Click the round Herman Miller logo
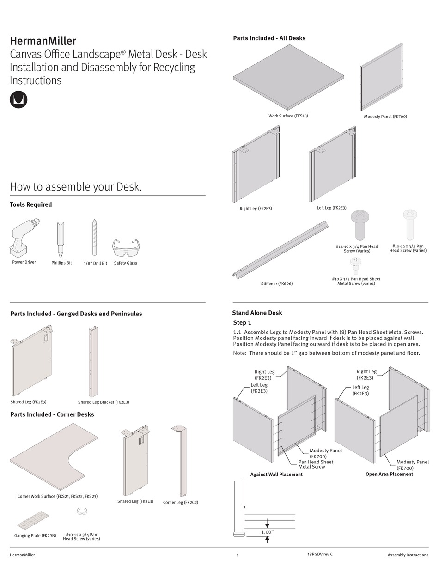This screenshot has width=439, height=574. tap(18, 99)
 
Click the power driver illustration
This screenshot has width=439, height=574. tap(24, 237)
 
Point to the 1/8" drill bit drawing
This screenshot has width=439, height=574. tap(95, 237)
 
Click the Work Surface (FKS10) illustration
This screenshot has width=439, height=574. tap(289, 77)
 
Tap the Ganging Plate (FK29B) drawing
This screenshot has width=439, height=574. tap(34, 520)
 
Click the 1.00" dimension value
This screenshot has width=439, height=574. tap(267, 532)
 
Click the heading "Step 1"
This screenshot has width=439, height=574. tap(242, 322)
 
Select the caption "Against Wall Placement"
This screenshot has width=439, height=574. tap(276, 474)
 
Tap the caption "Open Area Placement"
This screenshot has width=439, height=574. tap(389, 474)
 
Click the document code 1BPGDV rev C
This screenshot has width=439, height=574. tap(319, 554)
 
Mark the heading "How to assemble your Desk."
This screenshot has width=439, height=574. tap(76, 187)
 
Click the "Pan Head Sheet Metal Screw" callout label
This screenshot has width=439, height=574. tap(316, 464)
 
